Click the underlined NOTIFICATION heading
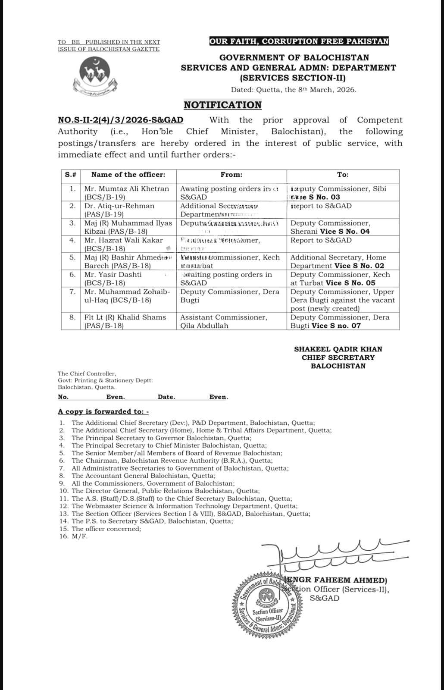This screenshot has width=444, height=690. click(x=222, y=105)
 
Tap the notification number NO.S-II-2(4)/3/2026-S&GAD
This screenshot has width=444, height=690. click(x=121, y=120)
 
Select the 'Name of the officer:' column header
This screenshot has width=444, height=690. click(x=128, y=175)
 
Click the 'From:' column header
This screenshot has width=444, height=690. click(x=231, y=175)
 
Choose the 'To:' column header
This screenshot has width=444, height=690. click(x=343, y=175)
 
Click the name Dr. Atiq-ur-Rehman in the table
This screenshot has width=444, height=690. click(x=119, y=206)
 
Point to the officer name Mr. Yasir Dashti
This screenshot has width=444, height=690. click(x=113, y=275)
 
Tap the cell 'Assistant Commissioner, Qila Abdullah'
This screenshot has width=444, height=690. click(x=223, y=321)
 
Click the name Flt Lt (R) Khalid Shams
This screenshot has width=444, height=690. click(x=125, y=317)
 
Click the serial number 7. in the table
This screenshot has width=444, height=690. click(x=72, y=292)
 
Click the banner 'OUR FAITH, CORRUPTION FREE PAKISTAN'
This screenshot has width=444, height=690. click(x=299, y=41)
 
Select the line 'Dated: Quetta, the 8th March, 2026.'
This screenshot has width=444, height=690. click(x=293, y=90)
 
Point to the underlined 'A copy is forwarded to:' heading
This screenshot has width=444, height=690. click(x=103, y=411)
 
